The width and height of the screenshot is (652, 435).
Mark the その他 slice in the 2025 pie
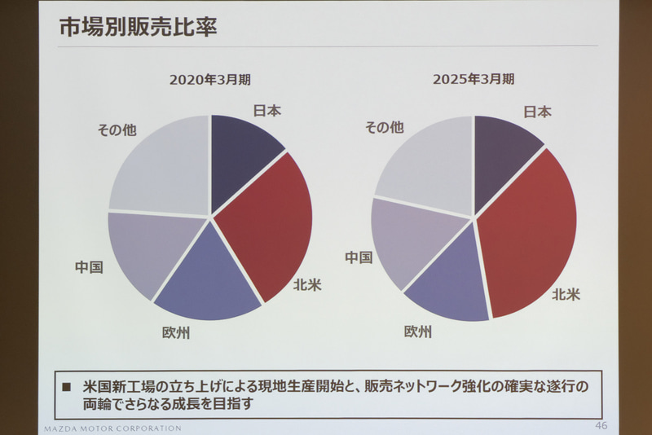(424, 167)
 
